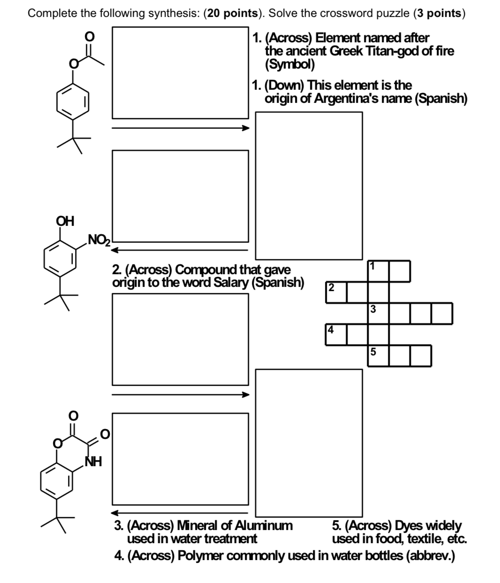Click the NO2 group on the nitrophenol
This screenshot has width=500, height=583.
pos(98,241)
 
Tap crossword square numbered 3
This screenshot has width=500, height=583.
pos(378,313)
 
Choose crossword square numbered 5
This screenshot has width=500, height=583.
pos(378,355)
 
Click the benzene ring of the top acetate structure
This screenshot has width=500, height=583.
pos(73,101)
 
